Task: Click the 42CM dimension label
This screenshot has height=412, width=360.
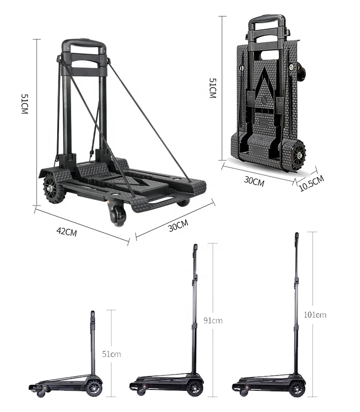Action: [x=66, y=232]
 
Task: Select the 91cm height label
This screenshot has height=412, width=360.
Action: [x=213, y=320]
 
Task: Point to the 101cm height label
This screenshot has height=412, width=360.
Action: [x=315, y=315]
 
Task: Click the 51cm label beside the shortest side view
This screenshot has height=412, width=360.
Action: [x=111, y=354]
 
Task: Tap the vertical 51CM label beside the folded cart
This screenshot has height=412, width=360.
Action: [x=212, y=89]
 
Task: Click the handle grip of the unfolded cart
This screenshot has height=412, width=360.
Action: [x=83, y=44]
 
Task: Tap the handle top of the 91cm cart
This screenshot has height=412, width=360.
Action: [x=195, y=248]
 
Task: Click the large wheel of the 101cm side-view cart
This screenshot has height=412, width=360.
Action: [x=297, y=388]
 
